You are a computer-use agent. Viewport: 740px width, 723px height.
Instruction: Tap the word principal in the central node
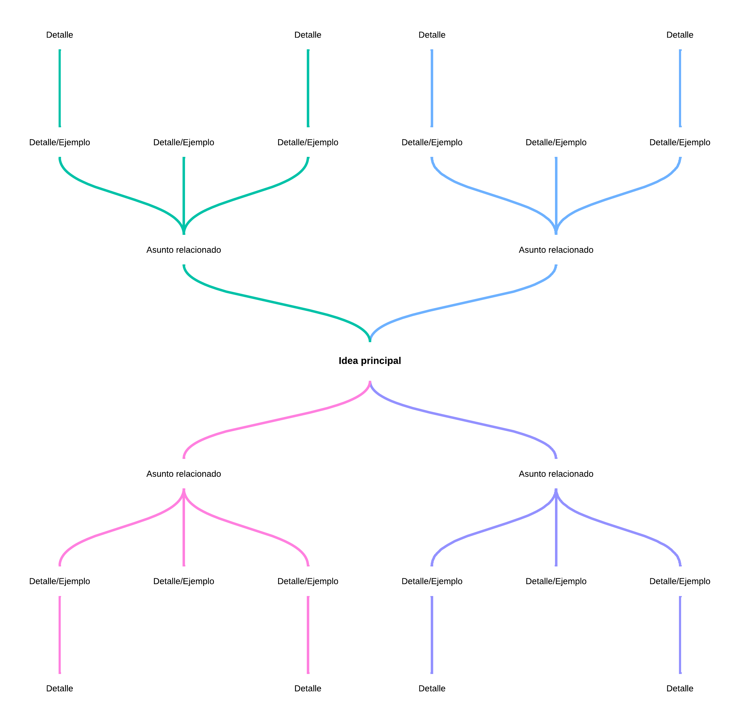point(380,361)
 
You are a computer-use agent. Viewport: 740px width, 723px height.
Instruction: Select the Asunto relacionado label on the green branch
point(183,250)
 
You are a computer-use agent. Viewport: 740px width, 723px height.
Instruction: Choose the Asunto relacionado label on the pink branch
point(183,474)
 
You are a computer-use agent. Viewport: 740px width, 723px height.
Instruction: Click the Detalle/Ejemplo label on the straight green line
point(183,142)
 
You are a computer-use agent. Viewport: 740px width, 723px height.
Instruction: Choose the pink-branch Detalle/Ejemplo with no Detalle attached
point(183,581)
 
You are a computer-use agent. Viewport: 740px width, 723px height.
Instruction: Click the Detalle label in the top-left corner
point(60,35)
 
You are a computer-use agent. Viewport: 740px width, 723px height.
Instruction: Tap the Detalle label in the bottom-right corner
point(680,688)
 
